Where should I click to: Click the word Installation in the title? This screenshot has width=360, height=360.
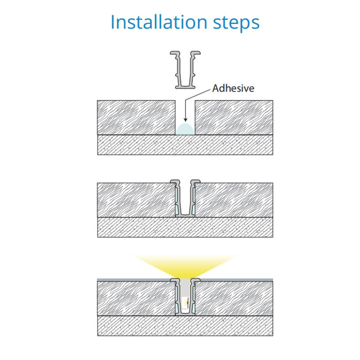(x=159, y=22)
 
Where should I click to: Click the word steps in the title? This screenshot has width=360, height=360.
(x=236, y=23)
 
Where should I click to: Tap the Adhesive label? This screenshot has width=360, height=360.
(x=233, y=88)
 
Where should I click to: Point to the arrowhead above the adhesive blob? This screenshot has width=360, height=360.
(x=185, y=119)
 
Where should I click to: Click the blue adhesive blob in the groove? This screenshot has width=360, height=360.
(x=185, y=129)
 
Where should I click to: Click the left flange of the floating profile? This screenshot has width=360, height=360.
(x=175, y=53)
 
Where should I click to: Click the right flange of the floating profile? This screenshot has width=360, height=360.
(x=196, y=53)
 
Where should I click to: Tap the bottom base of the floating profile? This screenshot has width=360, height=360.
(x=185, y=87)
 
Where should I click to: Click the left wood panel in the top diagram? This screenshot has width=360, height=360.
(x=136, y=117)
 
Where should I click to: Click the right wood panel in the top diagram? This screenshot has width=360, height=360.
(x=234, y=117)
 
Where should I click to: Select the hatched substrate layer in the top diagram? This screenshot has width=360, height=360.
(x=185, y=145)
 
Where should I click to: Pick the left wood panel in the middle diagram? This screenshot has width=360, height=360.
(x=136, y=200)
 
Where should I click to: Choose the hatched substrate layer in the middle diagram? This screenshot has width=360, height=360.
(x=185, y=227)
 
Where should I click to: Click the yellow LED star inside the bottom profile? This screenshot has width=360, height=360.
(x=186, y=303)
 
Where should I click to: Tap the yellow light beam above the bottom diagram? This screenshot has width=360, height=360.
(x=185, y=266)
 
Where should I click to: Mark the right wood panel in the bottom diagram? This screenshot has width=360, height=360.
(x=234, y=298)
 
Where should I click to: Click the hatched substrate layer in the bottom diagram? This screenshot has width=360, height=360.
(x=185, y=326)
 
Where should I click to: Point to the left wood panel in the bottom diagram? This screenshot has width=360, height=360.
(x=136, y=298)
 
